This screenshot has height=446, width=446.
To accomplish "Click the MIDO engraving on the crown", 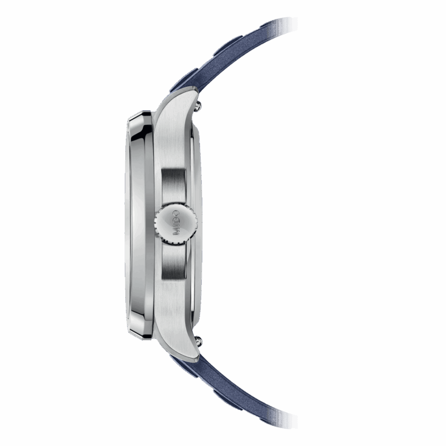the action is (176, 222).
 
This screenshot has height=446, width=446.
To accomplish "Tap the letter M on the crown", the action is (176, 231).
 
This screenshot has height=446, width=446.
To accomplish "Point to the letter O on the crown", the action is (176, 214).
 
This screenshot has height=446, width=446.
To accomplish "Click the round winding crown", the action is (176, 222).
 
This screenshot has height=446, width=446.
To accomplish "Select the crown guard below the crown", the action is (173, 261).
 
